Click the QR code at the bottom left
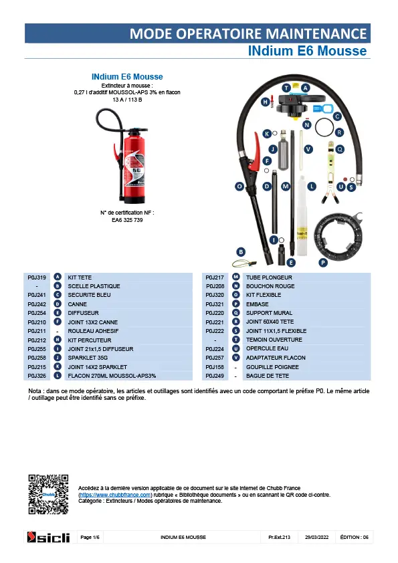pos(48,494)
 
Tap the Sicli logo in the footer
pos(48,537)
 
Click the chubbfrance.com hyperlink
pos(115,495)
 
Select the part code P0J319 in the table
pos(37,277)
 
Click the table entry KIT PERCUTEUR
pos(90,340)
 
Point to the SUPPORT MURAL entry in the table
pos(269,313)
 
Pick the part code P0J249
pos(215,376)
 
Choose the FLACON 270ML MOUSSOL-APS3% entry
pos(112,376)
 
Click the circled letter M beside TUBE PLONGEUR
pos(236,277)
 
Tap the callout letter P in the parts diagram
pos(323,263)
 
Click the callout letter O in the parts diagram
pos(239,187)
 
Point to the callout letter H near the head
pos(265,102)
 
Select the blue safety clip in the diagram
pos(323,108)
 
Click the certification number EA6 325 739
pos(127,220)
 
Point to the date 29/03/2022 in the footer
pos(317,537)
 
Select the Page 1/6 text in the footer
pos(90,537)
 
